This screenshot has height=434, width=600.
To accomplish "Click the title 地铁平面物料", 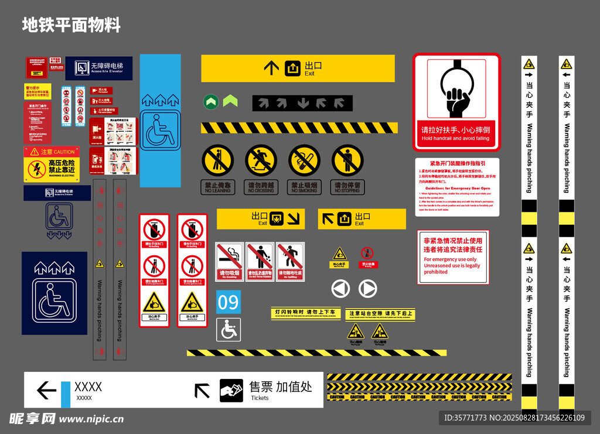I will (x=71, y=25).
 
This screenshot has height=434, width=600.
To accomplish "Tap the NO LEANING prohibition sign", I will (x=218, y=160).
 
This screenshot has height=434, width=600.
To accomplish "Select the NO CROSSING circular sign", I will (x=261, y=160).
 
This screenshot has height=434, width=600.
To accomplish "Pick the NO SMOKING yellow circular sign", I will (x=304, y=160).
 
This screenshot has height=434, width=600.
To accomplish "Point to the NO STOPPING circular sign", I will (x=347, y=160).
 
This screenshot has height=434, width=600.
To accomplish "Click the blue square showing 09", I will (x=229, y=302).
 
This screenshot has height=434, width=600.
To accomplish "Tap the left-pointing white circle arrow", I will (x=340, y=289).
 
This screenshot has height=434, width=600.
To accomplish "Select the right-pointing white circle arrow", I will (x=367, y=289).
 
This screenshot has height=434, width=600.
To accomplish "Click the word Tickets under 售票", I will (x=260, y=398).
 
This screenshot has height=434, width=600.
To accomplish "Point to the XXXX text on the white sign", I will (x=88, y=387).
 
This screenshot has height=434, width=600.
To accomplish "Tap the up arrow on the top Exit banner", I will (x=271, y=69).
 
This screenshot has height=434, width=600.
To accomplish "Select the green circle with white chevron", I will (x=211, y=102).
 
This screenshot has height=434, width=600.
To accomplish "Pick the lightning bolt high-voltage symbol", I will (x=36, y=170).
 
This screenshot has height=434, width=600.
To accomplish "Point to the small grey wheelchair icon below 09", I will (x=229, y=330).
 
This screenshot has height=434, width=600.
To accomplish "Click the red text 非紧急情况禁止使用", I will (x=453, y=240).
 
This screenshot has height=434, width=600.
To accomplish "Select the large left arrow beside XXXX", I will (x=46, y=390).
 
